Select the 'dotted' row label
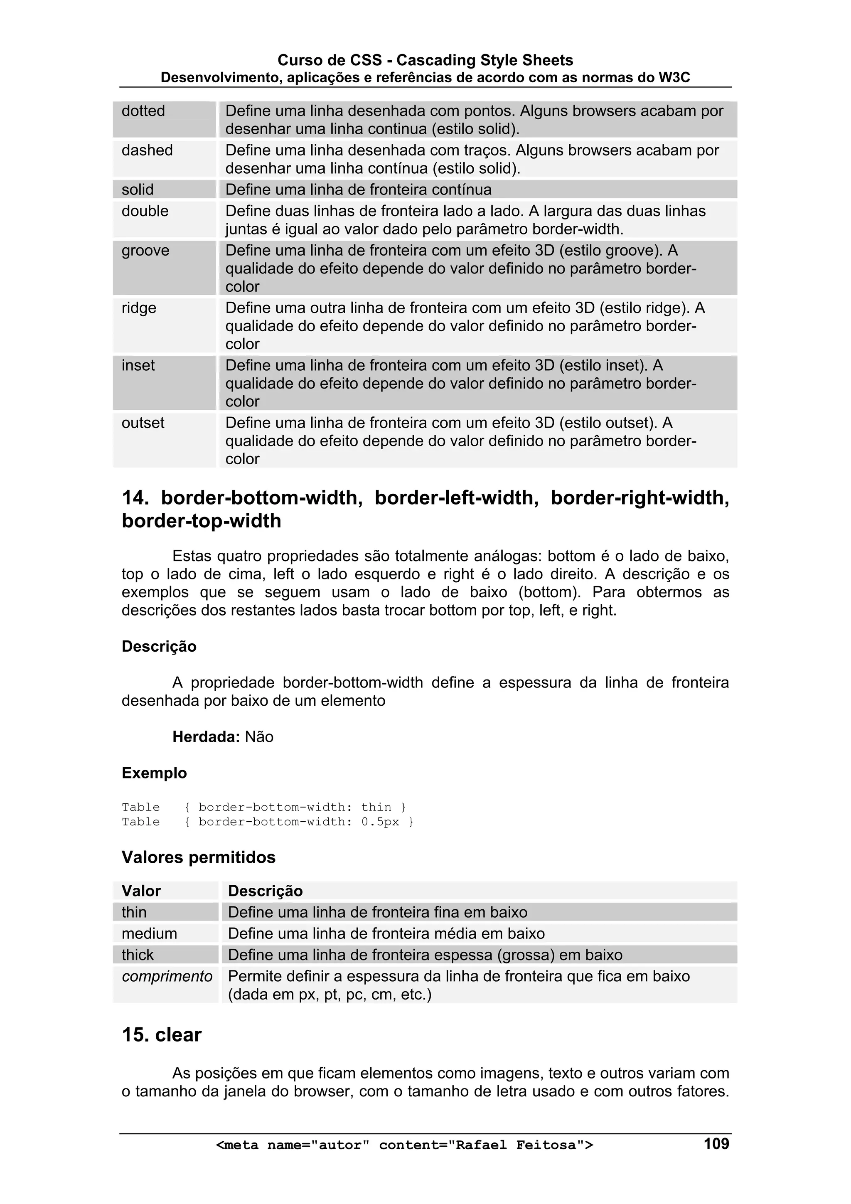pyautogui.click(x=143, y=111)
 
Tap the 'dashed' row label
pyautogui.click(x=147, y=150)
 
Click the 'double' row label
pyautogui.click(x=145, y=211)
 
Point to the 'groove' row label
pyautogui.click(x=145, y=251)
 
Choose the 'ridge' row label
pyautogui.click(x=138, y=308)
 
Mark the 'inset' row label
pyautogui.click(x=138, y=365)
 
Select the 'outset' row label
pyautogui.click(x=143, y=423)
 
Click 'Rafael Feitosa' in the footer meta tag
pyautogui.click(x=516, y=1145)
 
